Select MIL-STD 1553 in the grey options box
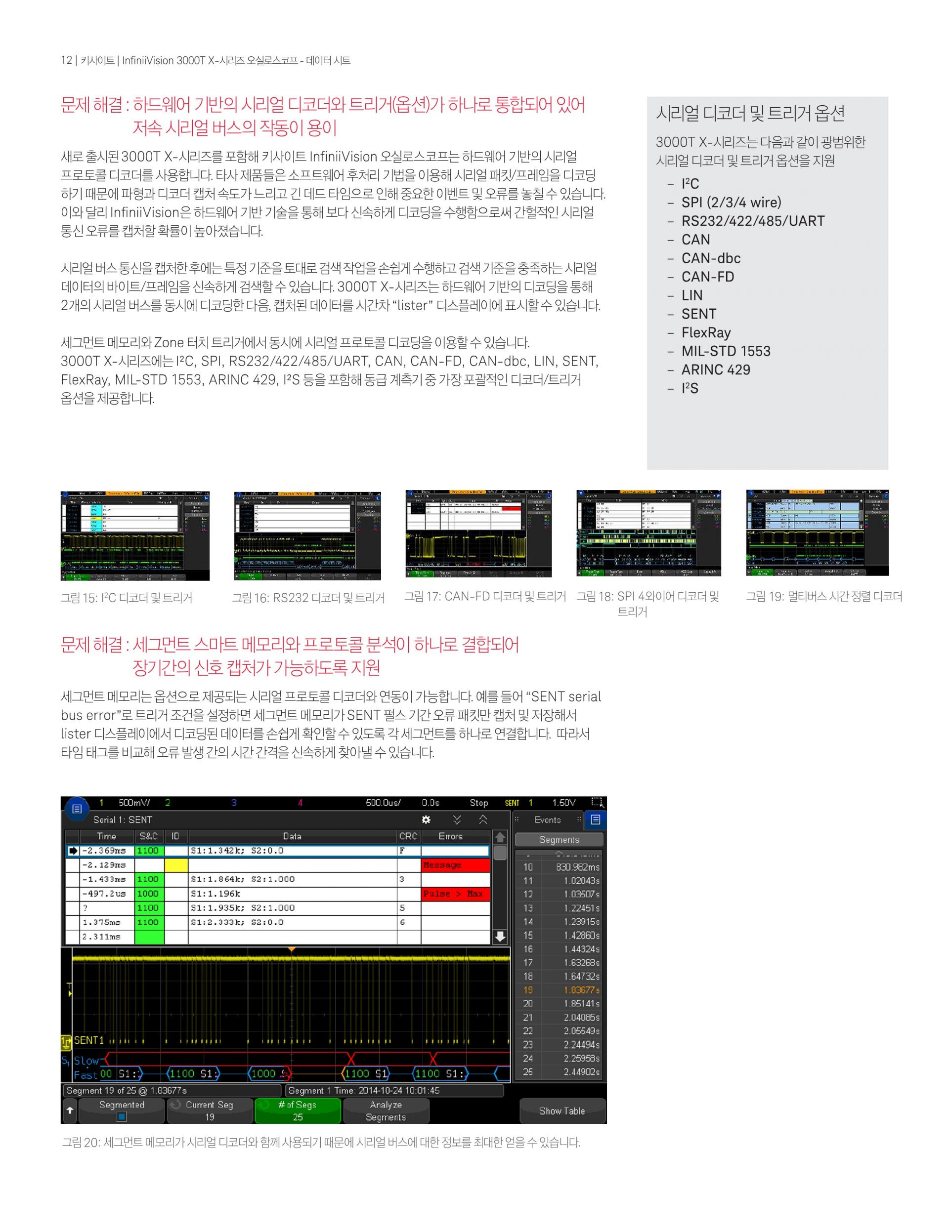[725, 351]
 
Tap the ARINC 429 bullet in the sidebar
[715, 369]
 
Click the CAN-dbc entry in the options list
[711, 258]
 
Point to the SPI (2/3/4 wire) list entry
[731, 202]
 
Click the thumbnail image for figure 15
[135, 535]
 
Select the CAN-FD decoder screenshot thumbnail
[478, 533]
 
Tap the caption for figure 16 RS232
[308, 598]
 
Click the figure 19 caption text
[823, 597]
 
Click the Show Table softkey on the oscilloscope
[561, 1111]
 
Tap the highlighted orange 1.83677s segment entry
[581, 990]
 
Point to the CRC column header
[408, 836]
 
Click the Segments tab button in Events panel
[559, 839]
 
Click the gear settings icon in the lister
[426, 819]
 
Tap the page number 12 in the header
[66, 60]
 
